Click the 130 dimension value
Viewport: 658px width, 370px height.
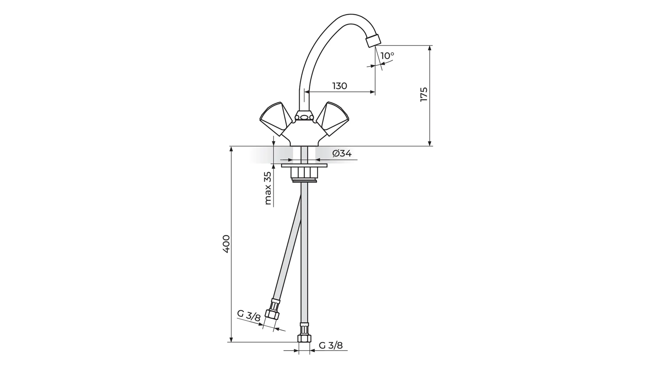(x=340, y=86)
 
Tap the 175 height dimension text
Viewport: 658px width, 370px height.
(x=424, y=95)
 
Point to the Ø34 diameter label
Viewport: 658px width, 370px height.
(x=342, y=153)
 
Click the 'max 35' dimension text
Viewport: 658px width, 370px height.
(x=267, y=188)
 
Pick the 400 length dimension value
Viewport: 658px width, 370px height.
(x=227, y=244)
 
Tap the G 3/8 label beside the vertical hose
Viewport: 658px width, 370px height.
(x=331, y=345)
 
